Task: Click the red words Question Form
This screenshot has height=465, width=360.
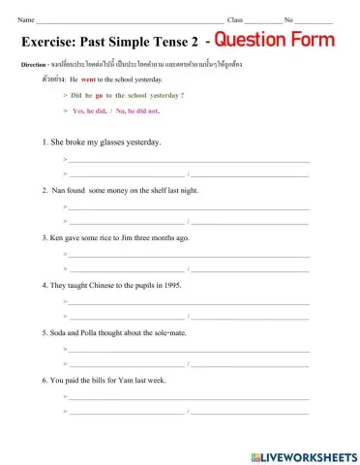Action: click(275, 40)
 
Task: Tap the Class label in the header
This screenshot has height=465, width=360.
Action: click(235, 19)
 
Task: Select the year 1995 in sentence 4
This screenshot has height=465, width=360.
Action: click(170, 285)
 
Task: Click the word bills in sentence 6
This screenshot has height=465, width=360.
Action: click(105, 380)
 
